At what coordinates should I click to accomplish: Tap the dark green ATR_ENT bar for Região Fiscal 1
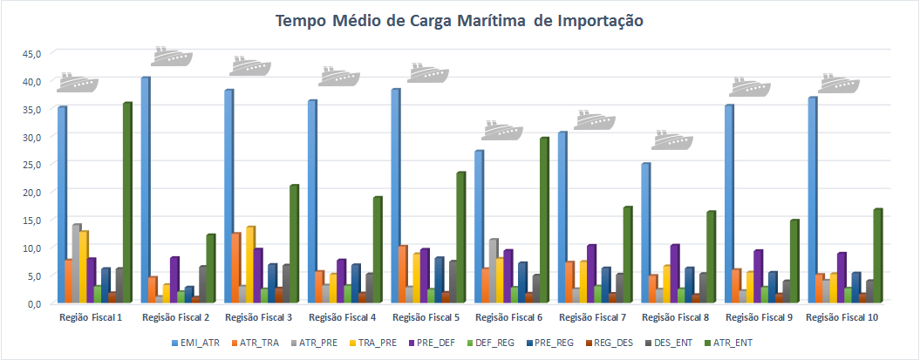[x=126, y=202]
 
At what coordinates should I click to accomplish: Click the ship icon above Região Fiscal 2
[x=171, y=56]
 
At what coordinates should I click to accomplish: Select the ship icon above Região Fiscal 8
[x=671, y=139]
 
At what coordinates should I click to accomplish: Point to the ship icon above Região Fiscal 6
[x=502, y=130]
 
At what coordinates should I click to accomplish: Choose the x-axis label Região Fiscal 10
[x=842, y=317]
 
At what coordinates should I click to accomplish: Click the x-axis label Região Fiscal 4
[x=341, y=317]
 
